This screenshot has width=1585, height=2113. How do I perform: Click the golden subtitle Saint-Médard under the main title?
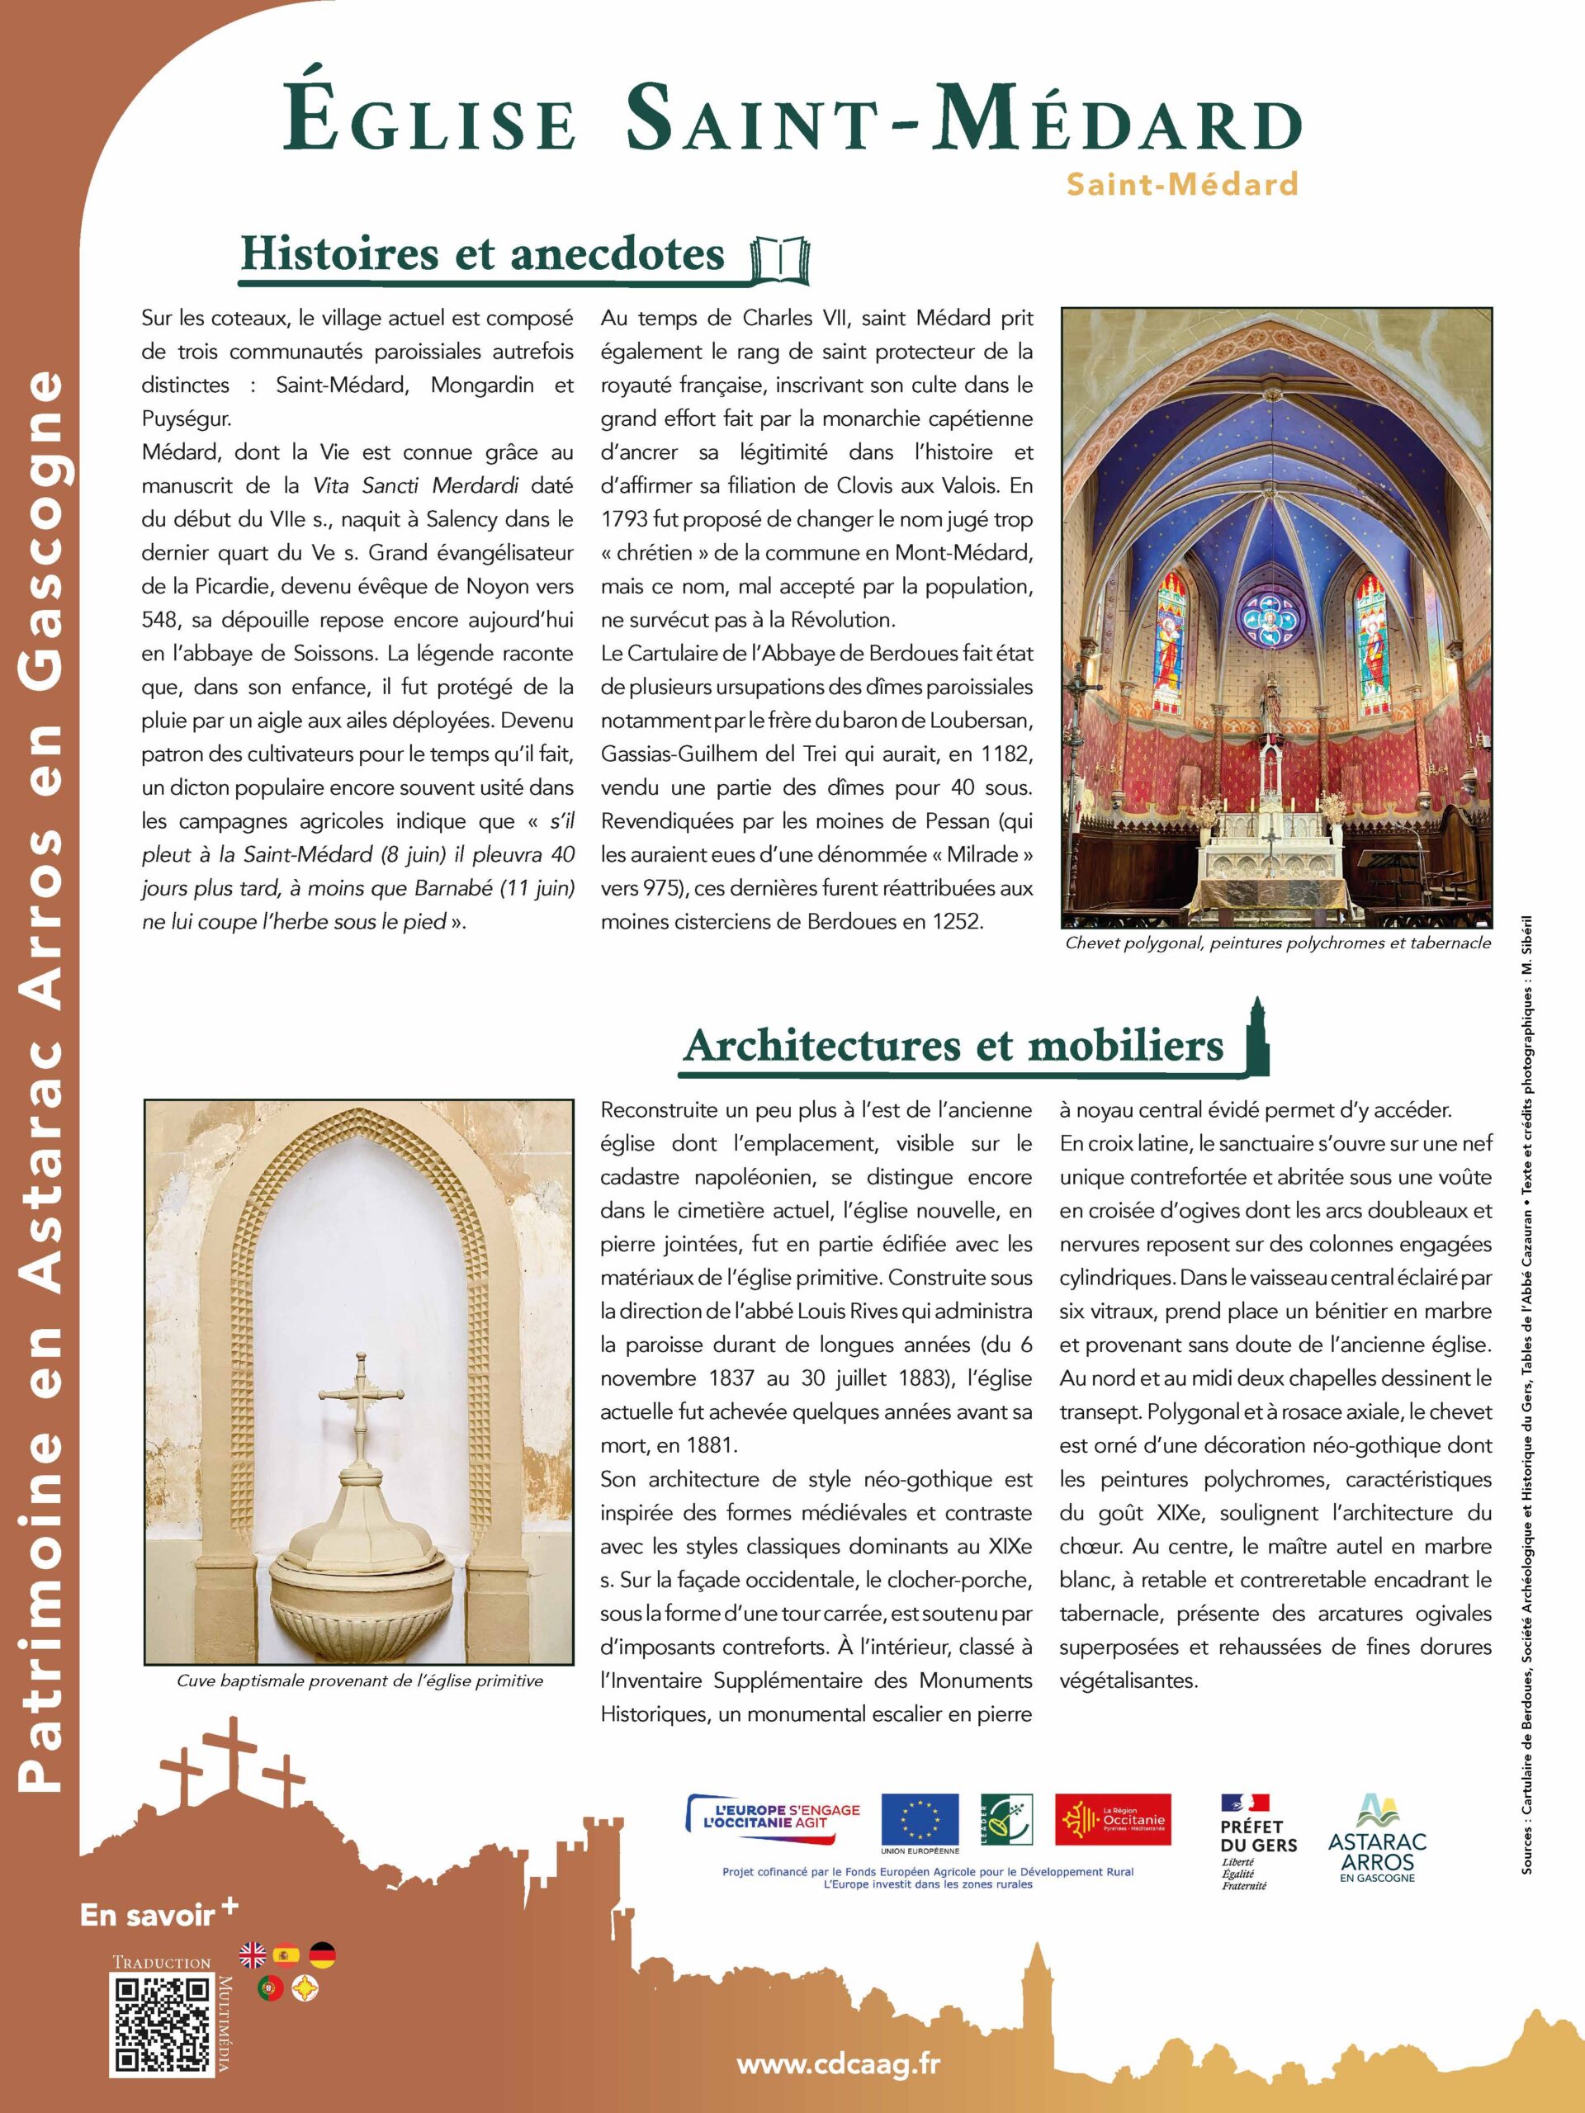coord(1182,182)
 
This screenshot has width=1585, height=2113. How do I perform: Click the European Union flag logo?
coord(919,1819)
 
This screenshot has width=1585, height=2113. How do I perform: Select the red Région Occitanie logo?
coord(1112,1819)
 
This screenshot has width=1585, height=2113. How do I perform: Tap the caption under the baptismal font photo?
coord(359,1680)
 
